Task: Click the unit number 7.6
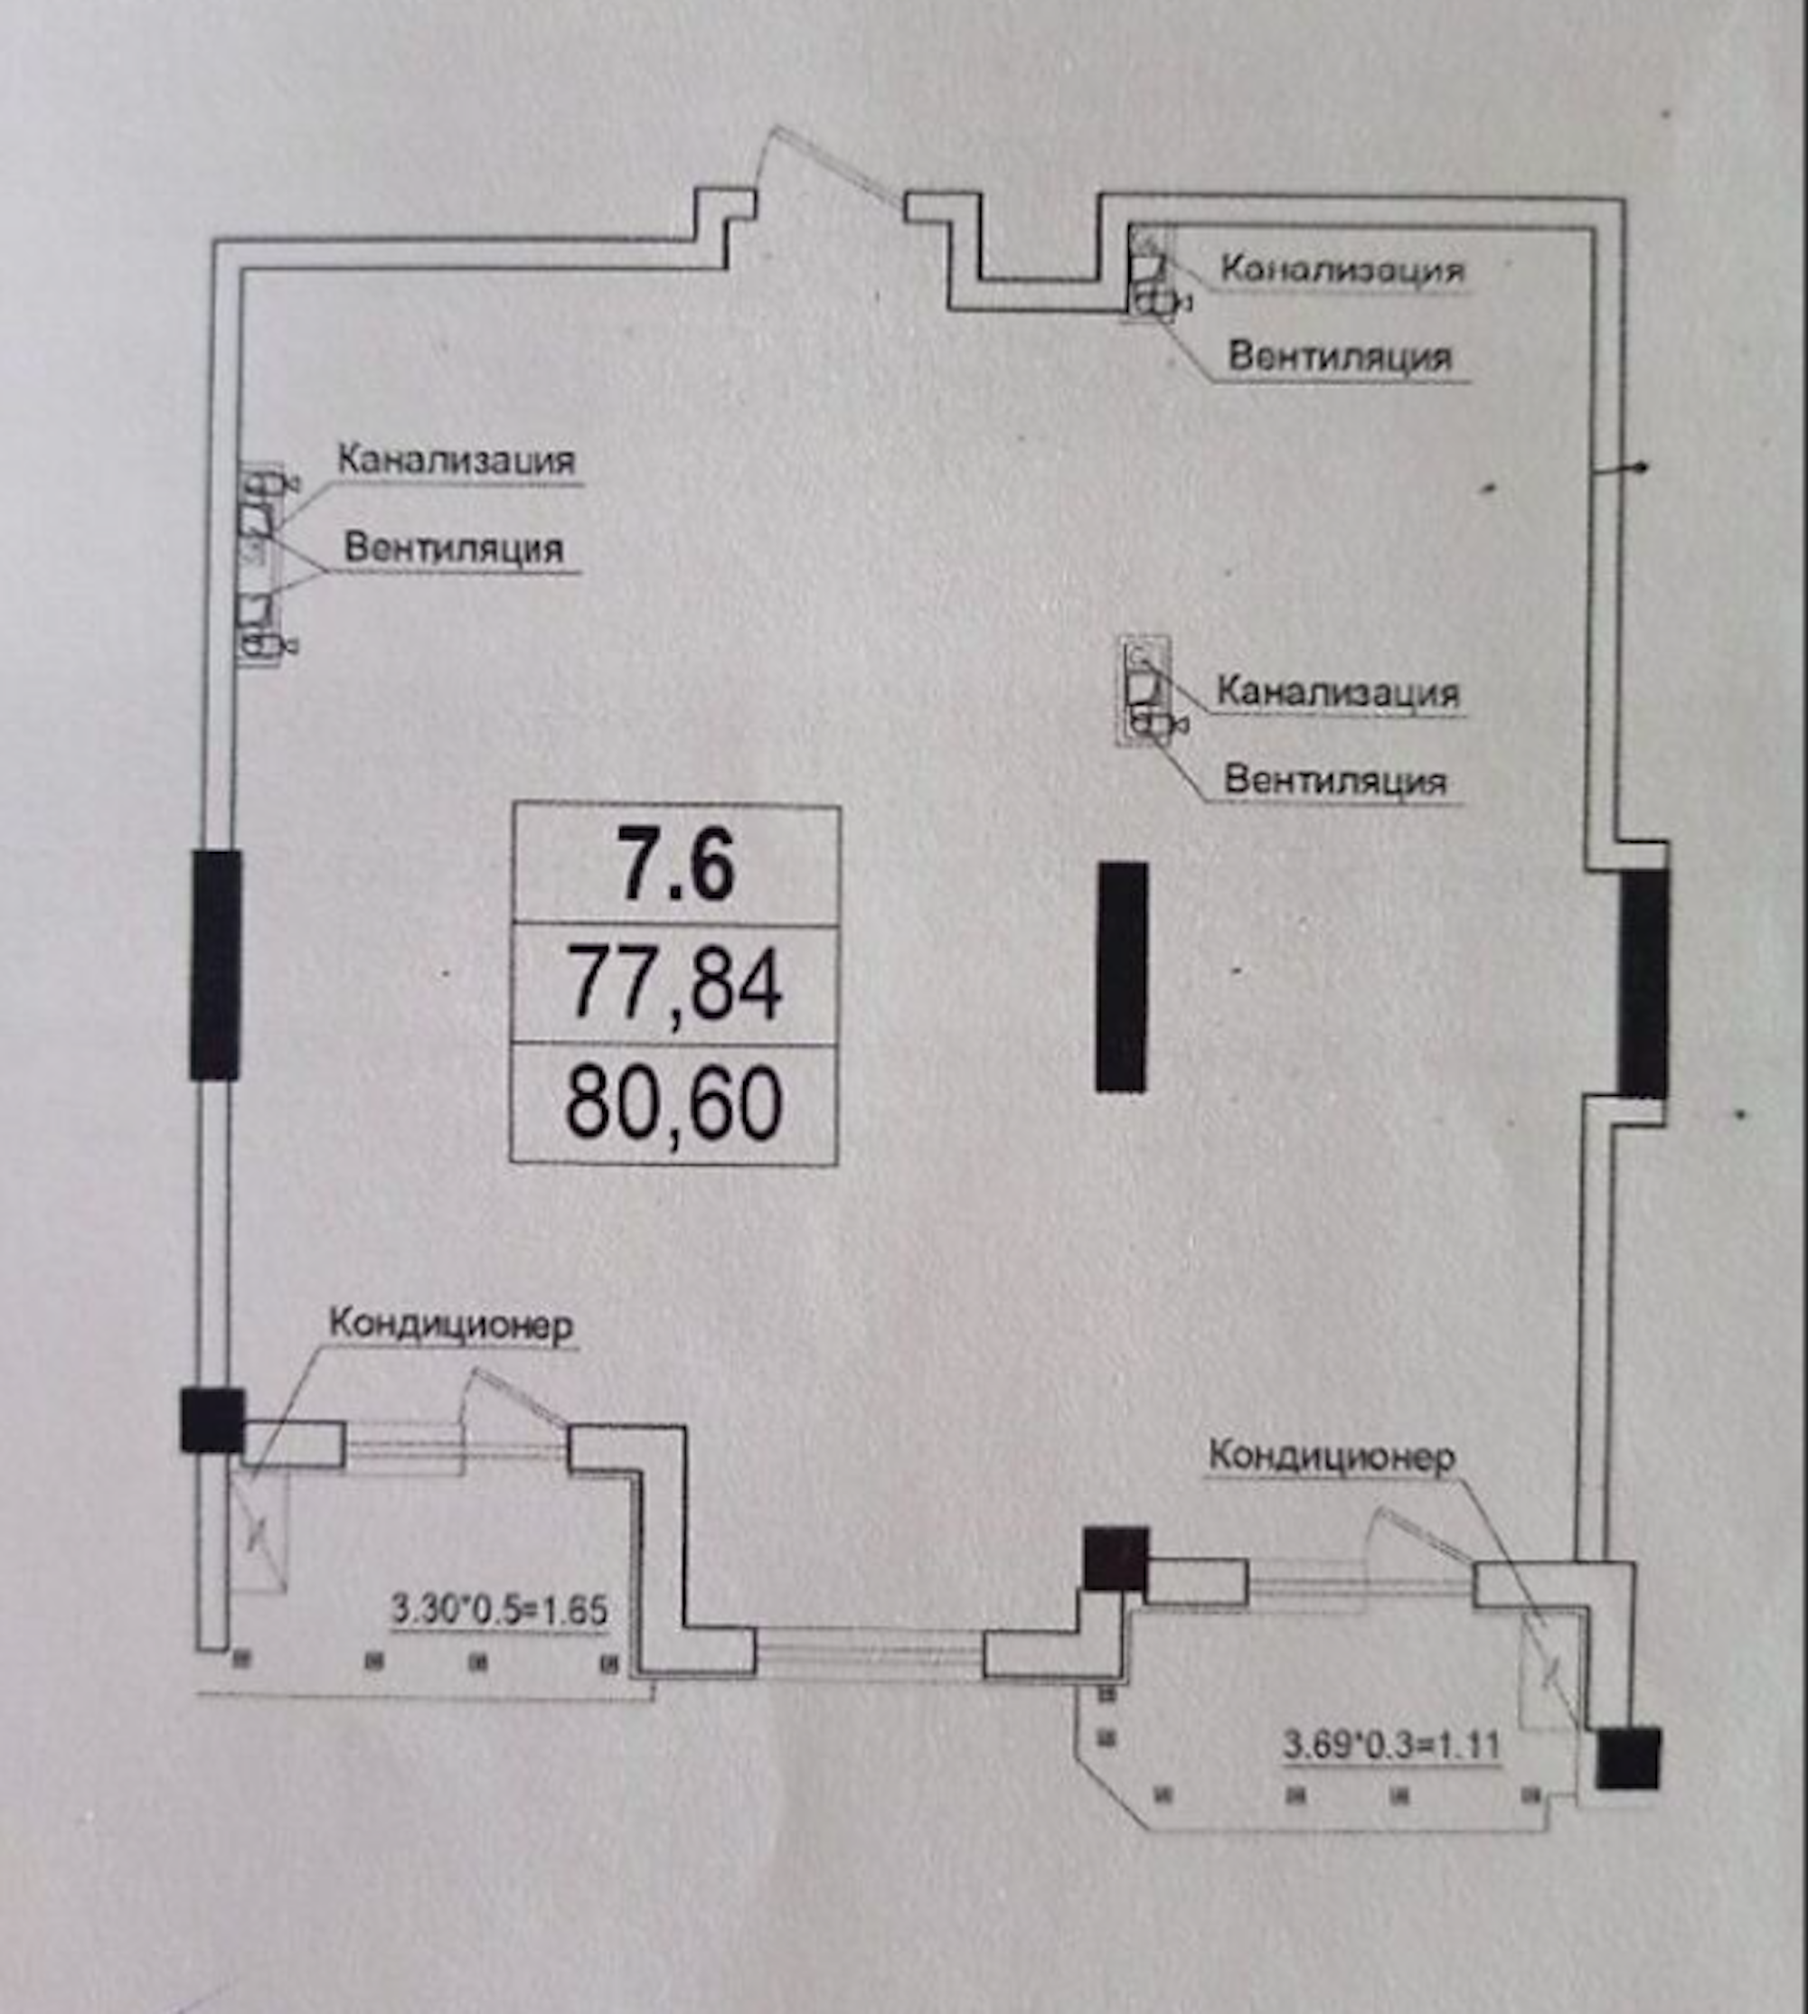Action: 675,865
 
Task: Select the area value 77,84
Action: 675,984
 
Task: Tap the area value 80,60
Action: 673,1103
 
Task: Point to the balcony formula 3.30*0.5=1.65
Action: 499,1610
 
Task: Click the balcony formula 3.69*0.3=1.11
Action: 1390,1744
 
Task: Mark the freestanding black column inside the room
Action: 1123,978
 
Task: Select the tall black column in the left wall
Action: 215,964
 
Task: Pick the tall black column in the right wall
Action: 1643,983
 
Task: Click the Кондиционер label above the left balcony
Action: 451,1325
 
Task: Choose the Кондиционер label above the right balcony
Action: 1332,1457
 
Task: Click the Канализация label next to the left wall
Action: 456,461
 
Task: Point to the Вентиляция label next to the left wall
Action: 453,548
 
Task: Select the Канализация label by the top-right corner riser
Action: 1342,269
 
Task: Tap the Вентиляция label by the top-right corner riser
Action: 1340,357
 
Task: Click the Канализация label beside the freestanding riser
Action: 1338,692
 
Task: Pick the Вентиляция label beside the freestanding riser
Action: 1335,780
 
